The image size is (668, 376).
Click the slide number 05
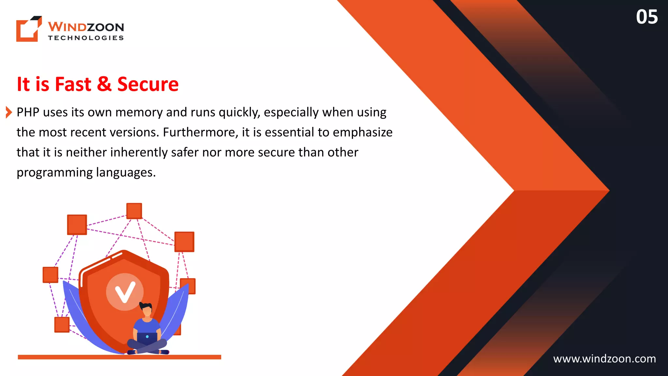(x=646, y=17)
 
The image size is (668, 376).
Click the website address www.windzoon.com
(x=604, y=359)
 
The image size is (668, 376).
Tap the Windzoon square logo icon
(x=29, y=29)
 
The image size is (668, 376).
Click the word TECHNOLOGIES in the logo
(x=86, y=38)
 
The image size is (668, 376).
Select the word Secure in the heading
(x=148, y=84)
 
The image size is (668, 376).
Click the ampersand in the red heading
(x=104, y=84)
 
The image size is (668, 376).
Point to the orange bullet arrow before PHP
(x=9, y=112)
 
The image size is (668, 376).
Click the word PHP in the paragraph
(x=28, y=112)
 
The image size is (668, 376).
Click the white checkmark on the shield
(x=125, y=292)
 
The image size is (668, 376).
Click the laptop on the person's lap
(x=147, y=337)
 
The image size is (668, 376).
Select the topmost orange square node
(x=134, y=211)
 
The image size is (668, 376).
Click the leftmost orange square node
(x=51, y=275)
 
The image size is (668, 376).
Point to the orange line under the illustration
(x=119, y=357)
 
